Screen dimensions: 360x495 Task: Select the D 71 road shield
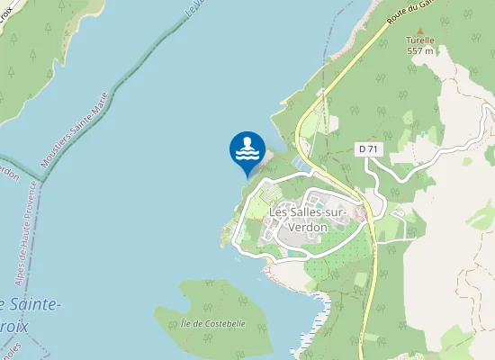pos(366,148)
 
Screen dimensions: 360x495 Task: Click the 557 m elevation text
pos(420,50)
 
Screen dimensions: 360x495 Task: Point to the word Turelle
pos(419,40)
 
